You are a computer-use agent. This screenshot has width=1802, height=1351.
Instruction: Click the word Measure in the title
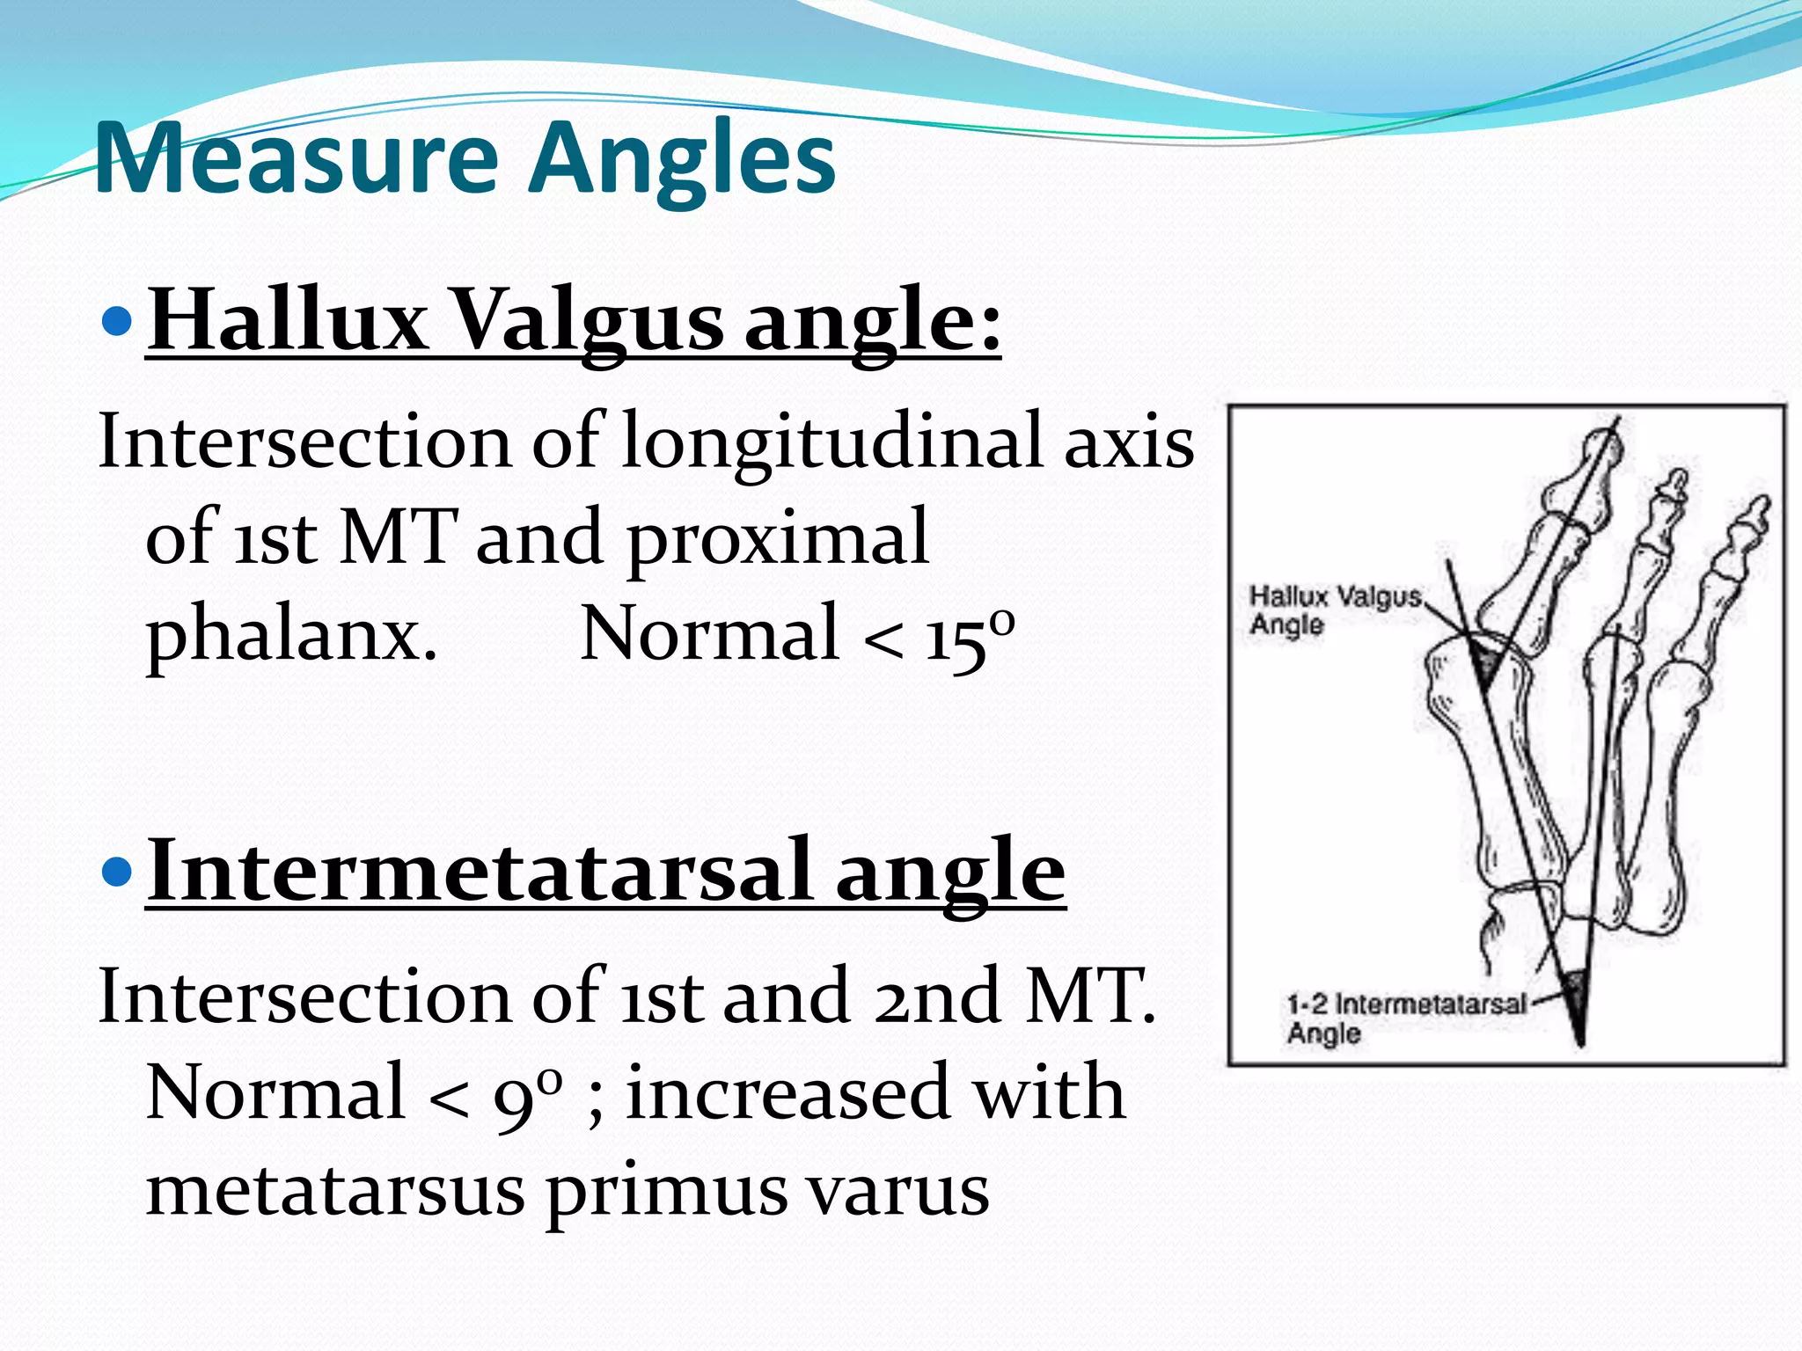tap(295, 158)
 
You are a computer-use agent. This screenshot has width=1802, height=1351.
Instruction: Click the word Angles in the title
tap(683, 158)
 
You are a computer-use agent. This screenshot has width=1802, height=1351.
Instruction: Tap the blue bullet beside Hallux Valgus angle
tap(116, 321)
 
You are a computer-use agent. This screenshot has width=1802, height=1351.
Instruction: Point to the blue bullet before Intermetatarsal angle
tap(116, 872)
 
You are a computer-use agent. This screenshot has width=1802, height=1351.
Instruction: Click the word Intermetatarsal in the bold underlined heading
tap(480, 870)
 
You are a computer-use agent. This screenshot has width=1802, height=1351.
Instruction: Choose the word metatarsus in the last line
tap(334, 1191)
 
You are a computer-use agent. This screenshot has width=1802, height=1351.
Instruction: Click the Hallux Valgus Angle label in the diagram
tap(1332, 610)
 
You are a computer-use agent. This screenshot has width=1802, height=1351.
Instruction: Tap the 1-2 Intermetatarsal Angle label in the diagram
tap(1403, 1018)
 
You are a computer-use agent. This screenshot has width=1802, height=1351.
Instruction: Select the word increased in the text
tap(787, 1093)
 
